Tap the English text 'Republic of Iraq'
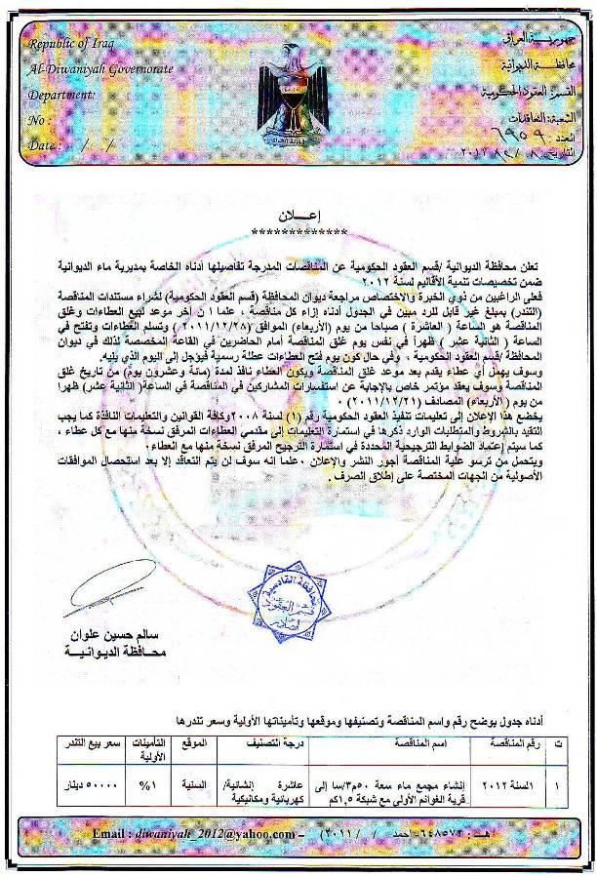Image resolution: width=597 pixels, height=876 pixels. click(x=71, y=44)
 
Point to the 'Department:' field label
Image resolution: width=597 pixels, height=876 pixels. click(x=61, y=95)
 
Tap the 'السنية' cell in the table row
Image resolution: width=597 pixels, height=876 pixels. click(x=198, y=783)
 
